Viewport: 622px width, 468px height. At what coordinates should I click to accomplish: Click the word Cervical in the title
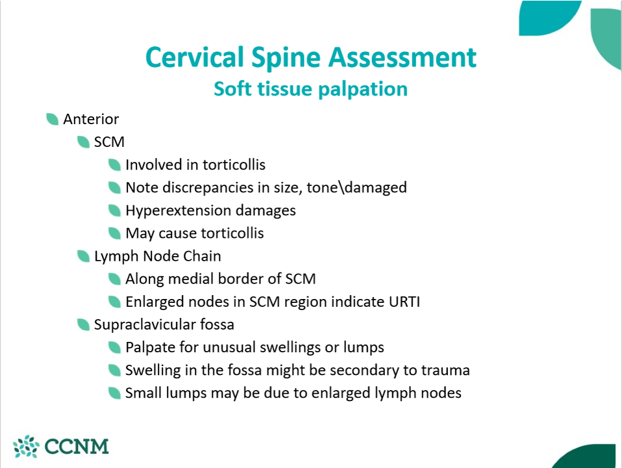pos(195,57)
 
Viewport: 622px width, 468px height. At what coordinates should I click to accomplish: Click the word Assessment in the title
pos(403,57)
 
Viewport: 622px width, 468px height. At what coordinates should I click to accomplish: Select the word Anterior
pos(91,119)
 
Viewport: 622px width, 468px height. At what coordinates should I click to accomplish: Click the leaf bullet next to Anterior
pos(53,119)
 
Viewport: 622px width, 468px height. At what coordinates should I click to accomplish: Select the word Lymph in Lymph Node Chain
pos(116,257)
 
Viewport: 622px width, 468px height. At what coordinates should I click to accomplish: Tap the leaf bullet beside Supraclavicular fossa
pos(83,324)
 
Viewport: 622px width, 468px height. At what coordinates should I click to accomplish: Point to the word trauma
pos(445,370)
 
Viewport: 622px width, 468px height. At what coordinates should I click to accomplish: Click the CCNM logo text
pos(77,447)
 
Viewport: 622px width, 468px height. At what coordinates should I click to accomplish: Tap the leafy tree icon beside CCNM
pos(26,446)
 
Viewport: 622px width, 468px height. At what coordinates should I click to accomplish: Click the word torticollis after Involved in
pos(234,165)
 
